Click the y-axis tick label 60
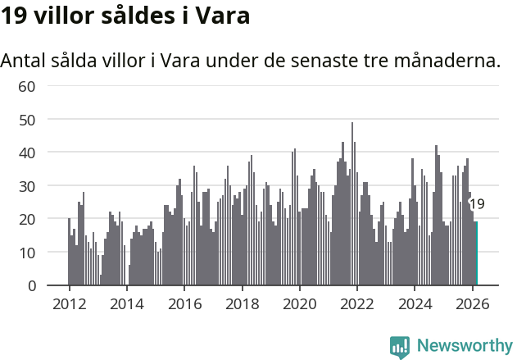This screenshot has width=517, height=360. pyautogui.click(x=27, y=86)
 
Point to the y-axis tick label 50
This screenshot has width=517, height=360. pyautogui.click(x=27, y=120)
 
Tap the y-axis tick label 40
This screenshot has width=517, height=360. pyautogui.click(x=27, y=153)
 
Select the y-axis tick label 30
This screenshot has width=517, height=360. pyautogui.click(x=27, y=186)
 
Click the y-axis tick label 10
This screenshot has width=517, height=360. pyautogui.click(x=27, y=253)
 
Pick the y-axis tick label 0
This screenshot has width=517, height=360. pyautogui.click(x=31, y=285)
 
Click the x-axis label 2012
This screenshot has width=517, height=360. pyautogui.click(x=69, y=303)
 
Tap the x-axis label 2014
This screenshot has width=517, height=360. pyautogui.click(x=126, y=303)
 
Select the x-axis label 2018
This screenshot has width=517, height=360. pyautogui.click(x=242, y=303)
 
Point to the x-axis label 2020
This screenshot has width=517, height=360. pyautogui.click(x=299, y=303)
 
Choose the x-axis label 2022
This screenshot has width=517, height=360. pyautogui.click(x=356, y=303)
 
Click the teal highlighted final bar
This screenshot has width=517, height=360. pyautogui.click(x=476, y=254)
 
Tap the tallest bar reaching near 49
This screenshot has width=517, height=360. pyautogui.click(x=352, y=205)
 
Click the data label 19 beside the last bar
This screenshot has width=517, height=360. pyautogui.click(x=477, y=204)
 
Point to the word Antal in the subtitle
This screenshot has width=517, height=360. pyautogui.click(x=22, y=61)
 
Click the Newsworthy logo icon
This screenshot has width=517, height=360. pyautogui.click(x=400, y=347)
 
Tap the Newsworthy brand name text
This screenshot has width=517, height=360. pyautogui.click(x=464, y=346)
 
